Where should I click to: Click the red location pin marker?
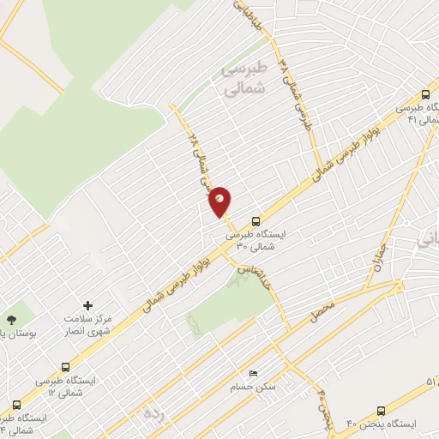tap(220, 201)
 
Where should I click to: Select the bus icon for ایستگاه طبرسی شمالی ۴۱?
tap(425, 96)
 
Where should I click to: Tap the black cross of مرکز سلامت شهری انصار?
tap(87, 304)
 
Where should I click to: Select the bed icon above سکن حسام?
tap(252, 374)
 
